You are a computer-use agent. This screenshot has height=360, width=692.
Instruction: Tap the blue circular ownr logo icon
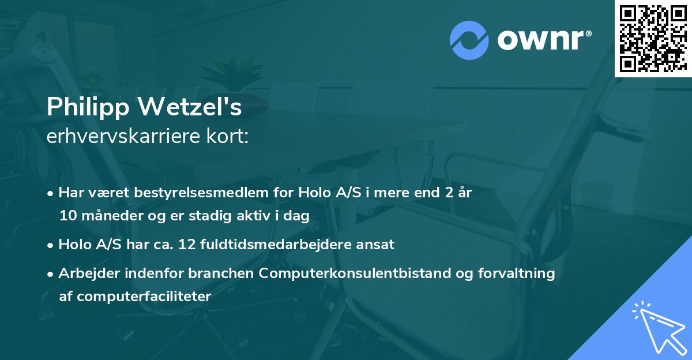pyautogui.click(x=469, y=40)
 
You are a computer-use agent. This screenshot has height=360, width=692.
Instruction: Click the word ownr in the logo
pyautogui.click(x=543, y=40)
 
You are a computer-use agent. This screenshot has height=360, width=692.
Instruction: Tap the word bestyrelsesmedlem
pyautogui.click(x=183, y=193)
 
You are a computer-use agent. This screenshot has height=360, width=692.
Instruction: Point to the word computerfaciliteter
pyautogui.click(x=135, y=297)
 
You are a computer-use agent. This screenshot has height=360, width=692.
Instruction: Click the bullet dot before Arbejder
pyautogui.click(x=51, y=274)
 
